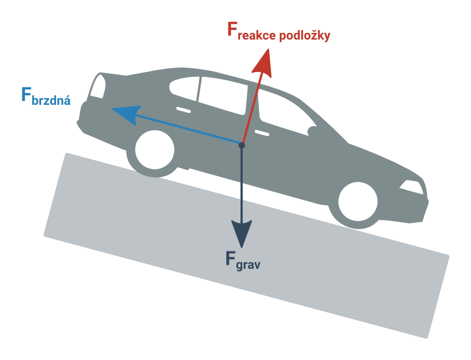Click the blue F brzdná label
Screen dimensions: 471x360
(x=46, y=96)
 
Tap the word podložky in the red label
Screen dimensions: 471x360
(x=305, y=35)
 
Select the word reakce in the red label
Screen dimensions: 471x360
(x=256, y=35)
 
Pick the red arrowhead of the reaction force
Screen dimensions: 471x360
(x=263, y=63)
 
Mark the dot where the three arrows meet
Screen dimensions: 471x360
(x=242, y=145)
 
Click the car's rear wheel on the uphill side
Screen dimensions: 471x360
(x=155, y=149)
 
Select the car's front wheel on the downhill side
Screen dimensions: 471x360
(x=358, y=202)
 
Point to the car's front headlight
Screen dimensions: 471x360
(x=412, y=187)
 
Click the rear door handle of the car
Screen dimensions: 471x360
(x=183, y=110)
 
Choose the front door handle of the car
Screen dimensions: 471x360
(x=262, y=133)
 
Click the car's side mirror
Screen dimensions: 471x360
(x=313, y=131)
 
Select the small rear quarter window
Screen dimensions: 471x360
(x=184, y=87)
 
